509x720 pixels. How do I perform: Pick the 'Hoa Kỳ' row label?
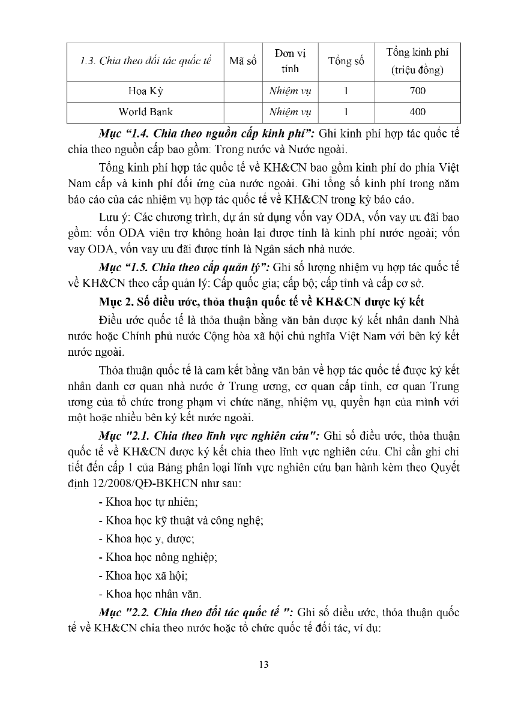145,91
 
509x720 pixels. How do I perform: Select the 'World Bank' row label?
145,112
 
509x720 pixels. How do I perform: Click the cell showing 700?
418,91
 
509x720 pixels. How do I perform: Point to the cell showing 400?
418,112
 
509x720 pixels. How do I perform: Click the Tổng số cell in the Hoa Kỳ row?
346,91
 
